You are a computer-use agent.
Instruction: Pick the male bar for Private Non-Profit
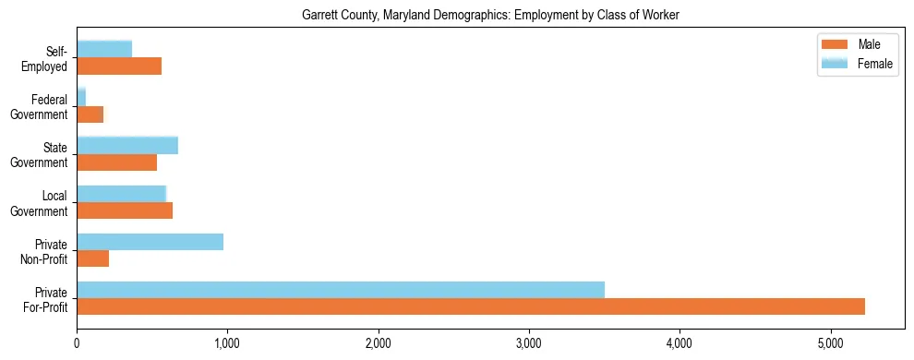tap(92, 258)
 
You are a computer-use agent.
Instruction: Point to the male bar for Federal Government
tap(90, 114)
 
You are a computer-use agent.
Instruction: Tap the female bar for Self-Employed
tap(104, 49)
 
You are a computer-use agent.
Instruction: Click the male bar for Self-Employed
tap(119, 66)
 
